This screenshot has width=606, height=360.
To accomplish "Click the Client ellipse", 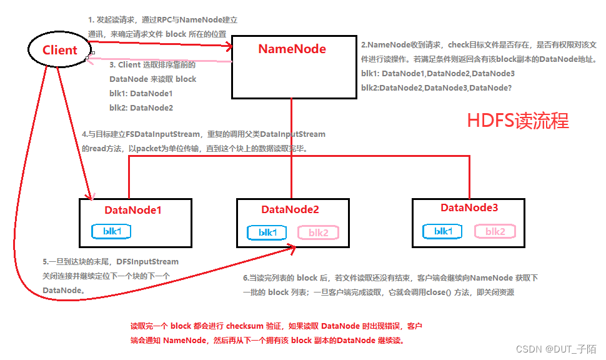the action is click(59, 50).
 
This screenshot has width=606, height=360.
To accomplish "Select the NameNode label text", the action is click(292, 49).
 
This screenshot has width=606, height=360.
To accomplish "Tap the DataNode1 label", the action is click(133, 210).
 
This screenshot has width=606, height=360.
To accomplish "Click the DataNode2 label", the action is click(290, 209).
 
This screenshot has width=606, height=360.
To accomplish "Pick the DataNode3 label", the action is click(469, 207).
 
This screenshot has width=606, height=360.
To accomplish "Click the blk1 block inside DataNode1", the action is click(112, 231).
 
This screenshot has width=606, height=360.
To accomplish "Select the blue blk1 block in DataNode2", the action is click(267, 232).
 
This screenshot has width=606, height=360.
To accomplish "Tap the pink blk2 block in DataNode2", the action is click(318, 232).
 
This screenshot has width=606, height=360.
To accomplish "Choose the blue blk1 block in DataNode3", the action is click(442, 231).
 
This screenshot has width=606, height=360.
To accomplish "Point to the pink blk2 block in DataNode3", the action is click(494, 231).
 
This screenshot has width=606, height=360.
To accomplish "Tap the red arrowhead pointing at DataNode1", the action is click(91, 194).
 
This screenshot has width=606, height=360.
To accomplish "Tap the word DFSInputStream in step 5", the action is click(147, 262).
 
